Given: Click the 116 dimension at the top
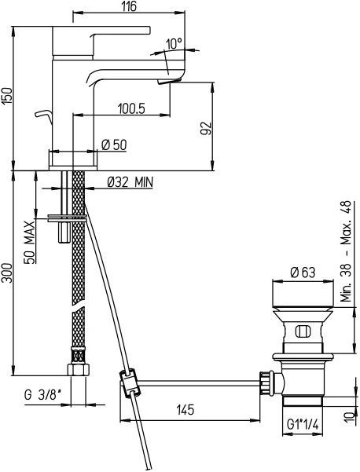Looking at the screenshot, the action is (x=129, y=5).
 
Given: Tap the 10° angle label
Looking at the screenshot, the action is (x=174, y=44).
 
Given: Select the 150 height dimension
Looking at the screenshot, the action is (x=6, y=97).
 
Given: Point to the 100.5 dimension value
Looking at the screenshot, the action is (x=131, y=108).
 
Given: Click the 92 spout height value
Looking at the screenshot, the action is (x=207, y=128).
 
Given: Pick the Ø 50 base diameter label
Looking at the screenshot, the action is (x=114, y=145).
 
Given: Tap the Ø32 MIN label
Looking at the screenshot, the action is (x=130, y=182).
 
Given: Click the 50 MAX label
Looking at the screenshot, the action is (x=30, y=243).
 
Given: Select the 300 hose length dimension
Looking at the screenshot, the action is (x=6, y=273).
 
